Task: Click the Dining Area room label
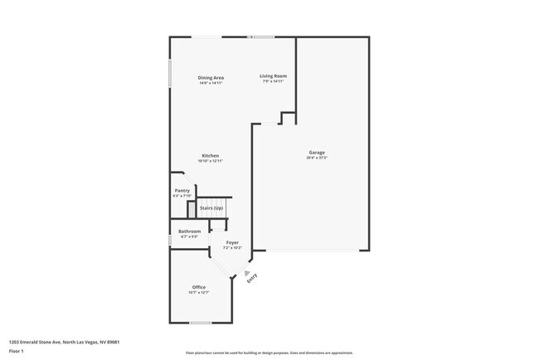pos(211,77)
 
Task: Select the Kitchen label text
pos(210,156)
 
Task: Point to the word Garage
pos(317,152)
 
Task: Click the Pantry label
pos(182,191)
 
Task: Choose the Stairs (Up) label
pos(211,207)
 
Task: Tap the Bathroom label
pos(189,231)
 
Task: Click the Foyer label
pos(233,242)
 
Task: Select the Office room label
pos(199,287)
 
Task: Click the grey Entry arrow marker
pos(245,271)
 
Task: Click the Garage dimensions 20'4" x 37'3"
pos(317,158)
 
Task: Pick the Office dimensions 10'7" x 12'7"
pos(199,293)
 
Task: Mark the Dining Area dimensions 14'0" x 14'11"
pos(211,83)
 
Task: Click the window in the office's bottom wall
pos(201,323)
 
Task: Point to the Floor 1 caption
pos(17,352)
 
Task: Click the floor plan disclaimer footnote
pos(269,353)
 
